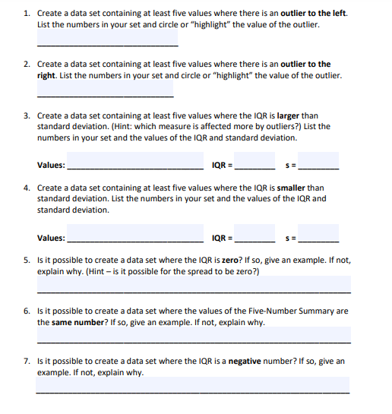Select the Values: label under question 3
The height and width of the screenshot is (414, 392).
[x=52, y=166]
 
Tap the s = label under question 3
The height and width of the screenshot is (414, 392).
[x=289, y=166]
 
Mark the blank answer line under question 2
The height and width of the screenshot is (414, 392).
[x=105, y=95]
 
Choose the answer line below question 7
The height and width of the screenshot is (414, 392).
[x=193, y=390]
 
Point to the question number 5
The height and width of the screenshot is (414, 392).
[x=26, y=260]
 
